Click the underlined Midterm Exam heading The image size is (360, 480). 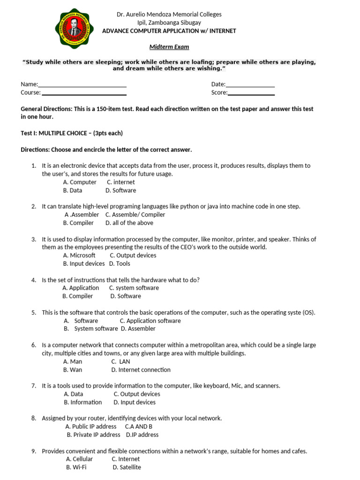click(169, 47)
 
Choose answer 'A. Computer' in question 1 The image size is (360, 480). click(80, 182)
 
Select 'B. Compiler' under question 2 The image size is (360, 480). click(78, 223)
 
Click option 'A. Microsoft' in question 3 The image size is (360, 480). click(79, 255)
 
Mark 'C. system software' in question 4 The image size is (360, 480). click(134, 288)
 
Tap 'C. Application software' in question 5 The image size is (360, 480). click(150, 321)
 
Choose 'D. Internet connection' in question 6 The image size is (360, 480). click(141, 370)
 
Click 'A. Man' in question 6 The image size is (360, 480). click(73, 362)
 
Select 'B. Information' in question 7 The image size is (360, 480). click(83, 402)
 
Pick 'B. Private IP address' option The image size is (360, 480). click(94, 435)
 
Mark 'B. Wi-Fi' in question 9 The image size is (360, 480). click(76, 467)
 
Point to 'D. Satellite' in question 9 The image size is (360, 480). click(127, 467)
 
